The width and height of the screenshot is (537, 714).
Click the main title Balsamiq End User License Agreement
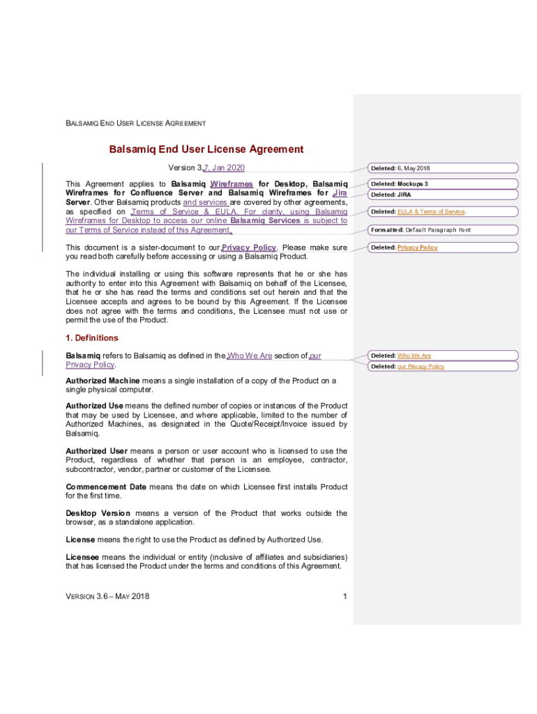click(x=206, y=149)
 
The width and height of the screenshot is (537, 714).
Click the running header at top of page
click(x=135, y=123)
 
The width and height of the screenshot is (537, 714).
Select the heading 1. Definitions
click(x=92, y=338)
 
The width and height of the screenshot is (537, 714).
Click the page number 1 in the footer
click(x=345, y=596)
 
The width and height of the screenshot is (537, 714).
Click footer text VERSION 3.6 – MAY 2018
click(x=107, y=596)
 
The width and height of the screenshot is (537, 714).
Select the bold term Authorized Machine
click(x=103, y=381)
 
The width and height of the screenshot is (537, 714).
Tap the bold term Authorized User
click(x=96, y=451)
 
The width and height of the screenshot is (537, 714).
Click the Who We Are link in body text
click(x=250, y=356)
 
